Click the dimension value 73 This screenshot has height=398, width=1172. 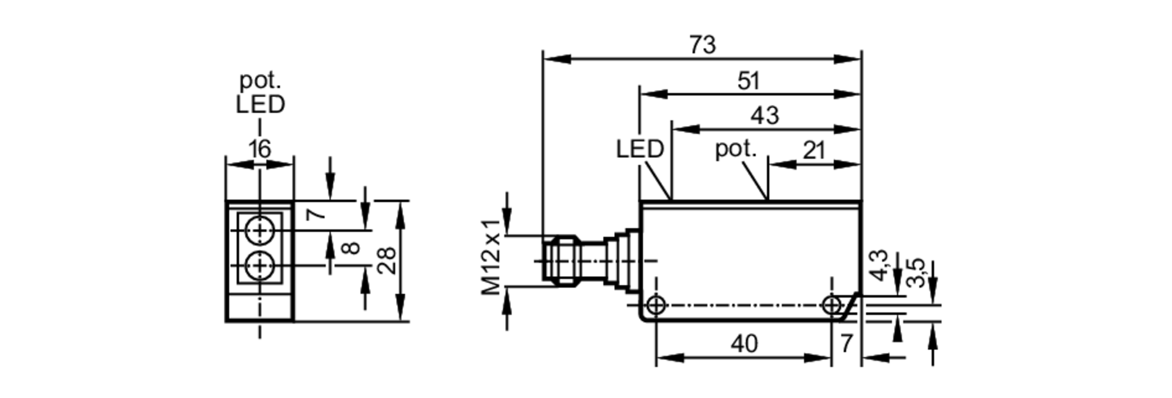click(x=702, y=45)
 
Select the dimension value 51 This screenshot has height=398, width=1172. click(x=748, y=81)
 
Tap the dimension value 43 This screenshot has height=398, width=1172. click(x=765, y=115)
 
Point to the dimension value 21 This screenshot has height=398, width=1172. click(x=814, y=151)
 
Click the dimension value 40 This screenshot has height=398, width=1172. click(x=744, y=344)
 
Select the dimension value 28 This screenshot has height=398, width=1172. click(x=386, y=261)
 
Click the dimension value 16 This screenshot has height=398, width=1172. click(x=259, y=149)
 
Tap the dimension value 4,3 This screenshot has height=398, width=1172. click(x=880, y=266)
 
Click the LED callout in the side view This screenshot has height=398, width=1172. click(x=639, y=149)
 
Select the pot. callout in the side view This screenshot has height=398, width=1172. click(x=735, y=149)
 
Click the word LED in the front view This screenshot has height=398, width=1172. click(x=260, y=105)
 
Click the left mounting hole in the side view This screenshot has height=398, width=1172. click(x=656, y=305)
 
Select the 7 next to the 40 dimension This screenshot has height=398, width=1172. click(x=846, y=344)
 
